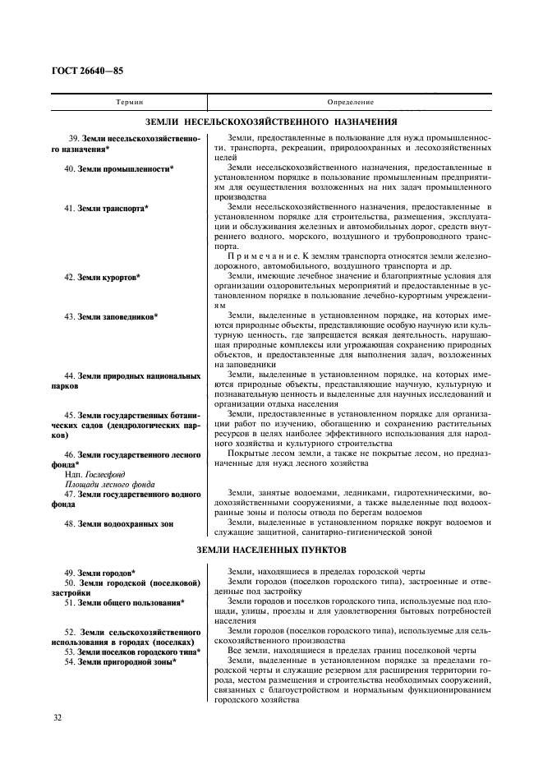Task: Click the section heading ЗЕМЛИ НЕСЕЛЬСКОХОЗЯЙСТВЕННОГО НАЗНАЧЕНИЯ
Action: click(270, 120)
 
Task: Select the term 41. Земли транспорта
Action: click(108, 208)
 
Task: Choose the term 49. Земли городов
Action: click(101, 572)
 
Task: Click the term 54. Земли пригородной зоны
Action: click(122, 661)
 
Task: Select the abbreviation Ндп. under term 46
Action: click(72, 474)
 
